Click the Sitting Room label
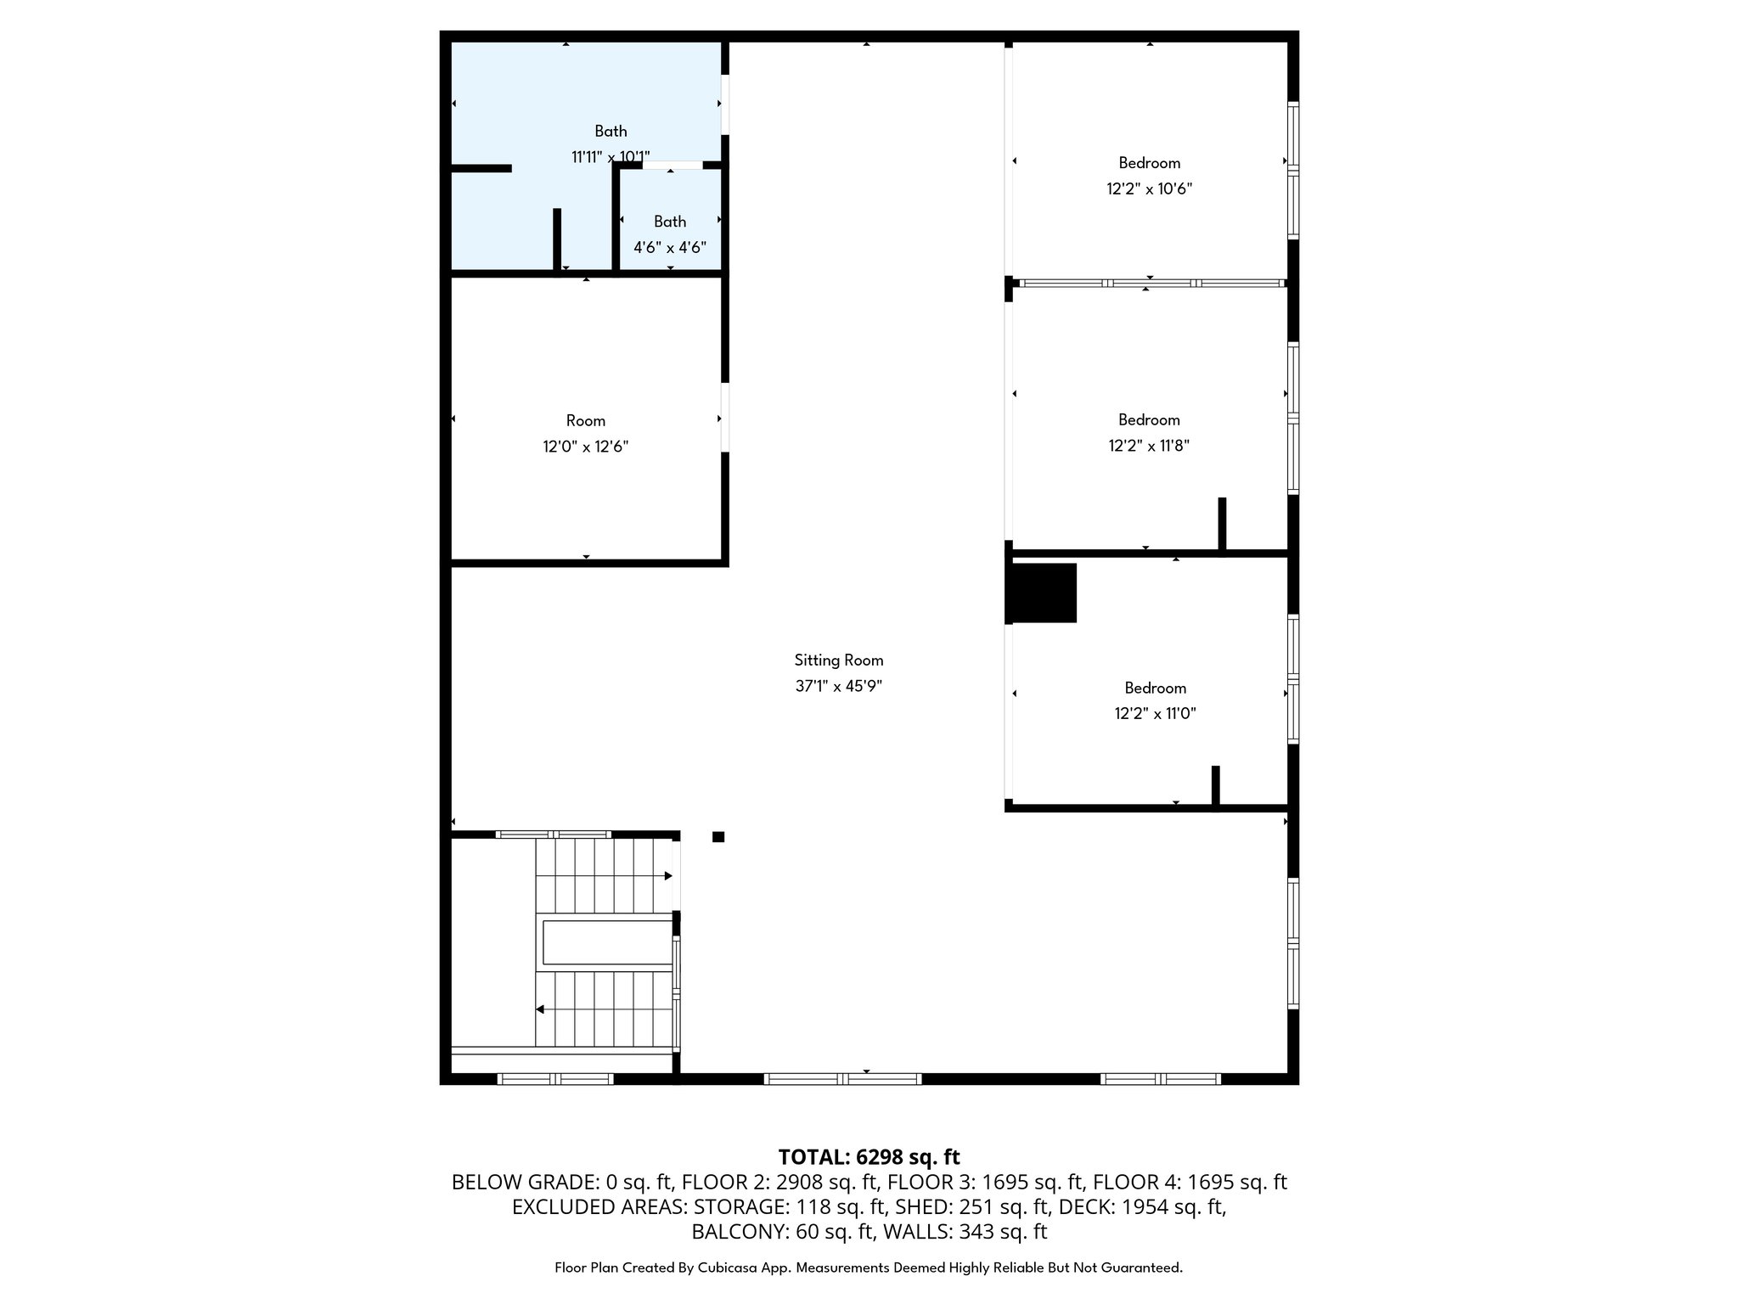click(839, 660)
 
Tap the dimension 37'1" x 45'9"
click(839, 686)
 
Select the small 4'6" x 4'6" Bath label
click(670, 234)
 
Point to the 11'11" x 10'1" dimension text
click(611, 157)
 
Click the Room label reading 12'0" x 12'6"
click(586, 434)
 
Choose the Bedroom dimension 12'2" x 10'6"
click(1150, 189)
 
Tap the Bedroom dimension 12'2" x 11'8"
click(1149, 446)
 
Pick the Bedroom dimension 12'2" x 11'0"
click(1155, 714)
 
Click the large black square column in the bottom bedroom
click(1042, 593)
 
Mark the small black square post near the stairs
click(718, 837)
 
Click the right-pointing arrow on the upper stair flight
click(668, 875)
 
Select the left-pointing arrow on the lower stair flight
click(539, 1009)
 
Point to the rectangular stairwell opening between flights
click(607, 941)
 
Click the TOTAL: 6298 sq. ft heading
click(869, 1157)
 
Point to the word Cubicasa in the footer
click(728, 1267)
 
